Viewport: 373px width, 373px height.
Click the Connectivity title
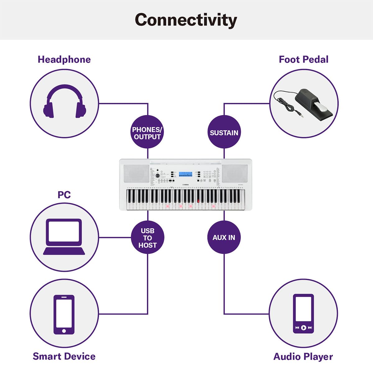coord(186,20)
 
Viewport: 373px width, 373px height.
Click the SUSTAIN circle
coord(224,133)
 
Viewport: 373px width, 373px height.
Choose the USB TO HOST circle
coord(147,238)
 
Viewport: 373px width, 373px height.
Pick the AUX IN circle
coord(224,237)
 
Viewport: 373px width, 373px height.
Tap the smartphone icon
coord(64,314)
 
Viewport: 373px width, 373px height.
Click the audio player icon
coord(303,314)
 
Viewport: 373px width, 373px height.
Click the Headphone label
coord(64,59)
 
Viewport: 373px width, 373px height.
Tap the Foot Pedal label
coord(303,59)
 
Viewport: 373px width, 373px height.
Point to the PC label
coord(64,195)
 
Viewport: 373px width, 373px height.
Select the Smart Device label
coord(64,356)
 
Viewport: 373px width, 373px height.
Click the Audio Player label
coord(303,357)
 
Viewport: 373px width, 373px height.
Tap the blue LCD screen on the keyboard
coord(186,174)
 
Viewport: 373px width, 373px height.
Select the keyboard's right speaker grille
coord(235,174)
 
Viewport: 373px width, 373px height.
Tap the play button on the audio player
coord(303,328)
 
